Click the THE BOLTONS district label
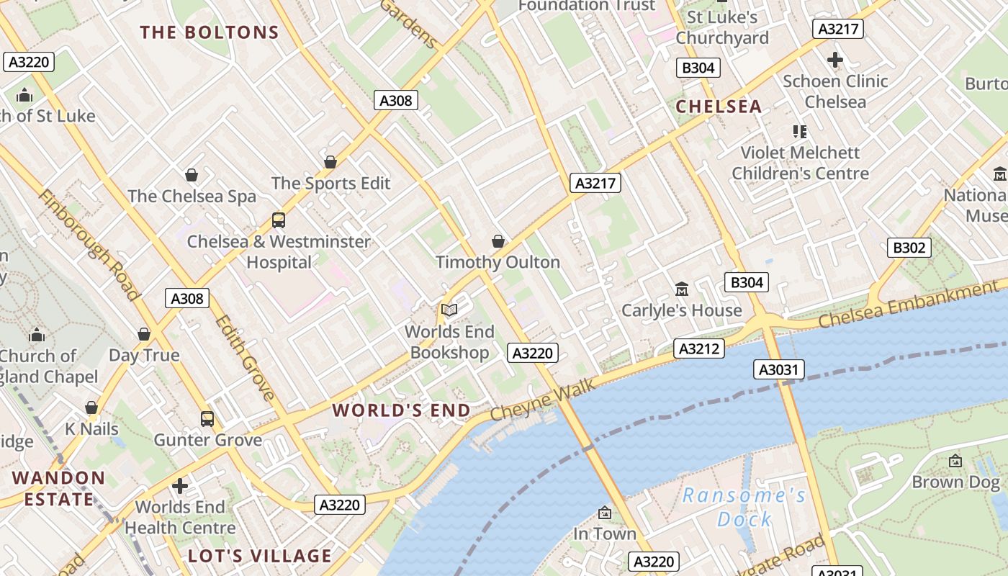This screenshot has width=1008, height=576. click(209, 32)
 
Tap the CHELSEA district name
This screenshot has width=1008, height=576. click(719, 107)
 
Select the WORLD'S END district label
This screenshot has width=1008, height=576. click(401, 410)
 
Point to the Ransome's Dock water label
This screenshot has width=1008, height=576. click(744, 506)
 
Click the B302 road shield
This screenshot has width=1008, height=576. click(909, 248)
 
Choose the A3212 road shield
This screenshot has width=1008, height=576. click(698, 349)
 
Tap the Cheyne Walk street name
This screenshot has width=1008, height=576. click(543, 400)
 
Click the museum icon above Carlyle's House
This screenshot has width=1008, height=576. click(681, 289)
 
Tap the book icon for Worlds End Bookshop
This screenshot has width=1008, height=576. click(449, 310)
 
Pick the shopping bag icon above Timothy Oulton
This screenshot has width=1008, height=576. click(498, 241)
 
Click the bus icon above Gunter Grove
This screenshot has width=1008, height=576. click(207, 418)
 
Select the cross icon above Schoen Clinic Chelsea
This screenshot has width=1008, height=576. click(835, 60)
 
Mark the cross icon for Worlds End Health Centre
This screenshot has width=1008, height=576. click(180, 486)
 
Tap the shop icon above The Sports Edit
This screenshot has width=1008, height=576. click(330, 162)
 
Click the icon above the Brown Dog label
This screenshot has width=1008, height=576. click(955, 461)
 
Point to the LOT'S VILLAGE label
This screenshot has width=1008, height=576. click(259, 556)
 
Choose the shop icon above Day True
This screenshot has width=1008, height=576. click(144, 334)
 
